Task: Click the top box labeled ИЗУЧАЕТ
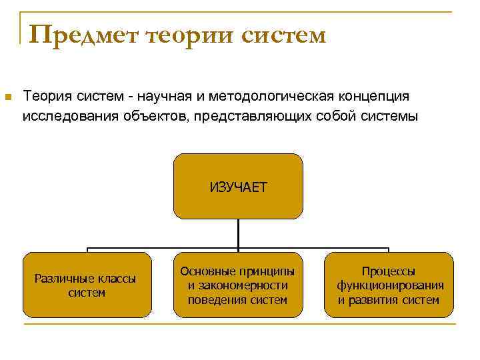238,186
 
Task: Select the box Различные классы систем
87,285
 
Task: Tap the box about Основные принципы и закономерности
238,285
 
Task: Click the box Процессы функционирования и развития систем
389,285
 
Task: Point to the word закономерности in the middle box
238,285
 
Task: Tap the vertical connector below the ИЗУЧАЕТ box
238,233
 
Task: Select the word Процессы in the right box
389,271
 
